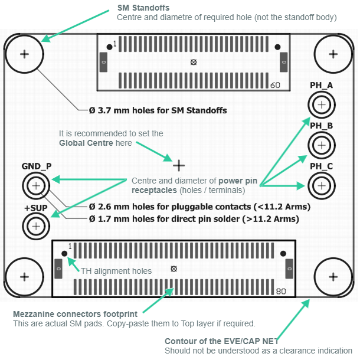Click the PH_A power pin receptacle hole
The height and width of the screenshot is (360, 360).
point(322,105)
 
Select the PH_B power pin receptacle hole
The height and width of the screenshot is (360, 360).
point(322,145)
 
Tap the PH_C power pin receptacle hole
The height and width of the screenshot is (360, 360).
point(322,185)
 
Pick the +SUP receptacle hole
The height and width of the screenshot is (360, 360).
point(37,225)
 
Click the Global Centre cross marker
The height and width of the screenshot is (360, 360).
point(178,165)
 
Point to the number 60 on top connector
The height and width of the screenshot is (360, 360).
point(275,85)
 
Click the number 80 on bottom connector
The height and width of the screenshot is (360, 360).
point(281,291)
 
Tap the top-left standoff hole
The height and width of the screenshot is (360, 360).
point(24,54)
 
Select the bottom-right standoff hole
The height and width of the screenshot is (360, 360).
point(333,276)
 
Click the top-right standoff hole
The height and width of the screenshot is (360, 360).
point(333,54)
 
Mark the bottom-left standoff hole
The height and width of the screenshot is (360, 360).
point(24,276)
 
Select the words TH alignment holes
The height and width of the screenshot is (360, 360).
point(116,271)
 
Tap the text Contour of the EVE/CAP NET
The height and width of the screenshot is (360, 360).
point(221,341)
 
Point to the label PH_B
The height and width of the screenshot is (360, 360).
point(321,126)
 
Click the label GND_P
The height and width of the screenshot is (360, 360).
point(36,167)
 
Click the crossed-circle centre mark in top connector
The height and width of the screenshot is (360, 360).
point(194,63)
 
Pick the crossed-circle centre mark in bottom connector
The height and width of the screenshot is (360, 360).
point(174,269)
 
